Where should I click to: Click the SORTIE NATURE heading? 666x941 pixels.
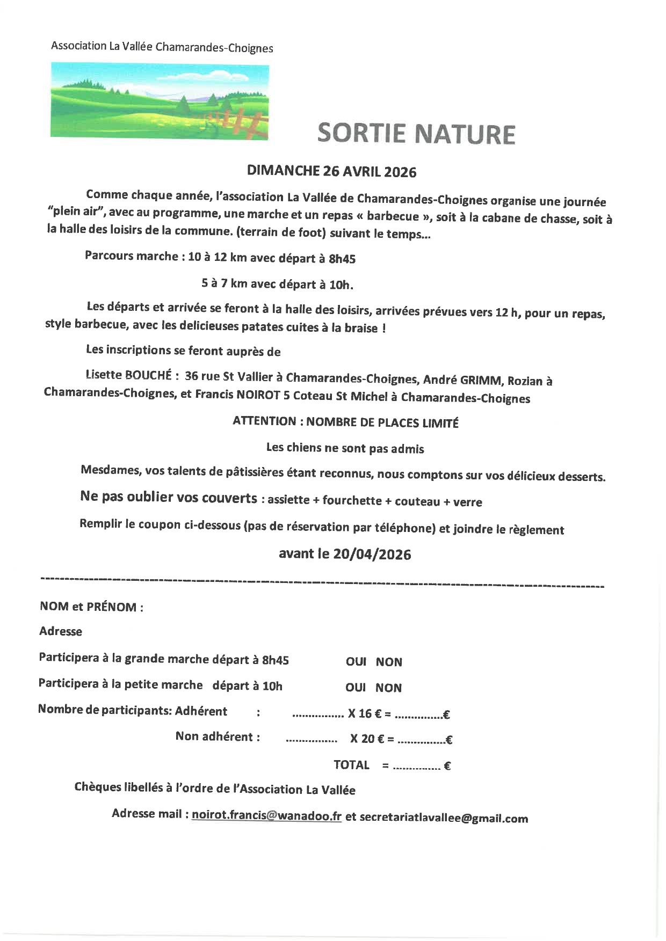(416, 134)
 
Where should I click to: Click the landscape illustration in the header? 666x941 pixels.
(160, 101)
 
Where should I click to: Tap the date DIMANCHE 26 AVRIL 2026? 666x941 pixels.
(331, 171)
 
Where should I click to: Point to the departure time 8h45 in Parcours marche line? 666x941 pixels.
(342, 259)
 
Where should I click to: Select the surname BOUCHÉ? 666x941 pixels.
(148, 375)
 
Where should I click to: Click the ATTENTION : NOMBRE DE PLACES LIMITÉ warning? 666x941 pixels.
(345, 422)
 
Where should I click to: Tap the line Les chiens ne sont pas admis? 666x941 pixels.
(345, 448)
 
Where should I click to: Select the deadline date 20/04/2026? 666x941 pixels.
(372, 555)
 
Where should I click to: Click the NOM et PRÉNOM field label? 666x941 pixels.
(91, 607)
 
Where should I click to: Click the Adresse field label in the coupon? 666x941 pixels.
(61, 631)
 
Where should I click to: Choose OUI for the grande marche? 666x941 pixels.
(356, 662)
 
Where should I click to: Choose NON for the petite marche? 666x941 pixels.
(388, 688)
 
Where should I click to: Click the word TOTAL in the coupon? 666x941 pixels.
(351, 765)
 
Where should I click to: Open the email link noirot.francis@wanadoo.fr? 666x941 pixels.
(266, 815)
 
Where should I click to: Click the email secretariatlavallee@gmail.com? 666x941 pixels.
(444, 818)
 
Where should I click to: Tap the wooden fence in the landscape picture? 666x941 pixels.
(242, 125)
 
